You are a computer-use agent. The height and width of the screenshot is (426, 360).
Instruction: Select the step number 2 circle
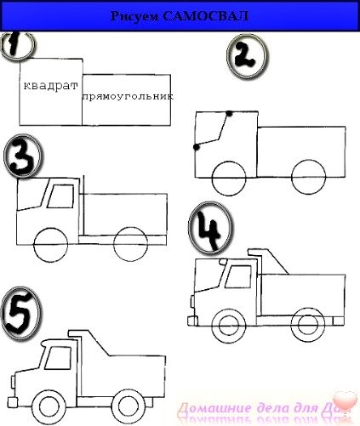click(x=246, y=58)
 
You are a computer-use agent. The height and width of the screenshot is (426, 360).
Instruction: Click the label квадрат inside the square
click(x=50, y=87)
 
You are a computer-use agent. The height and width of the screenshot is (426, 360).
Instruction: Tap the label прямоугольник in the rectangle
click(x=128, y=96)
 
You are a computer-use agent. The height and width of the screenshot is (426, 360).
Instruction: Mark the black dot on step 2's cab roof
click(x=229, y=112)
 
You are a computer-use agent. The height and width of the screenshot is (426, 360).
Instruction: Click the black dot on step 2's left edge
click(x=197, y=147)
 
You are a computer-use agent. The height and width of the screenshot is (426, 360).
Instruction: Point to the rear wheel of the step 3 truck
click(x=129, y=241)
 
